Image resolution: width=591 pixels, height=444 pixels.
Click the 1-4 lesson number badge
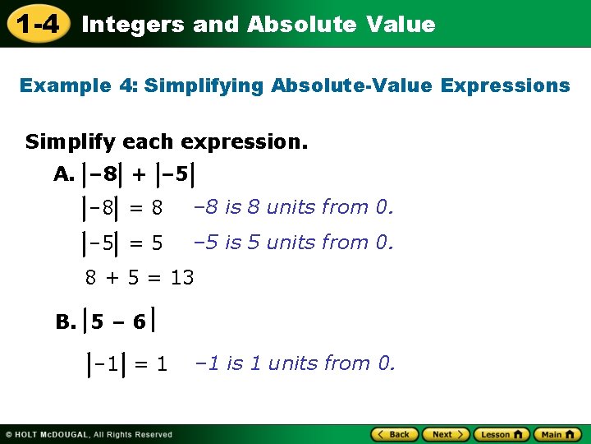tap(38, 24)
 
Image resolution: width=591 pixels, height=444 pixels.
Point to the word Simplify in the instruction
tap(69, 142)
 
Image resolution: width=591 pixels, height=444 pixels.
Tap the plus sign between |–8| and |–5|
tap(140, 174)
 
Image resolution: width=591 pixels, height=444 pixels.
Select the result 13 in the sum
tap(182, 278)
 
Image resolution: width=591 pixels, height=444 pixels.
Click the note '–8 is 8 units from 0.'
tap(293, 207)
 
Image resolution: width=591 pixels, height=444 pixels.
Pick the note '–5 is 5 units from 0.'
tap(293, 243)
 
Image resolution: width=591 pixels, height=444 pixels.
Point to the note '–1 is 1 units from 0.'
tap(294, 363)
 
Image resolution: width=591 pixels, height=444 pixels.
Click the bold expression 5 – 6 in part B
tap(118, 322)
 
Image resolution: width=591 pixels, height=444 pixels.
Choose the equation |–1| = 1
tap(127, 363)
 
